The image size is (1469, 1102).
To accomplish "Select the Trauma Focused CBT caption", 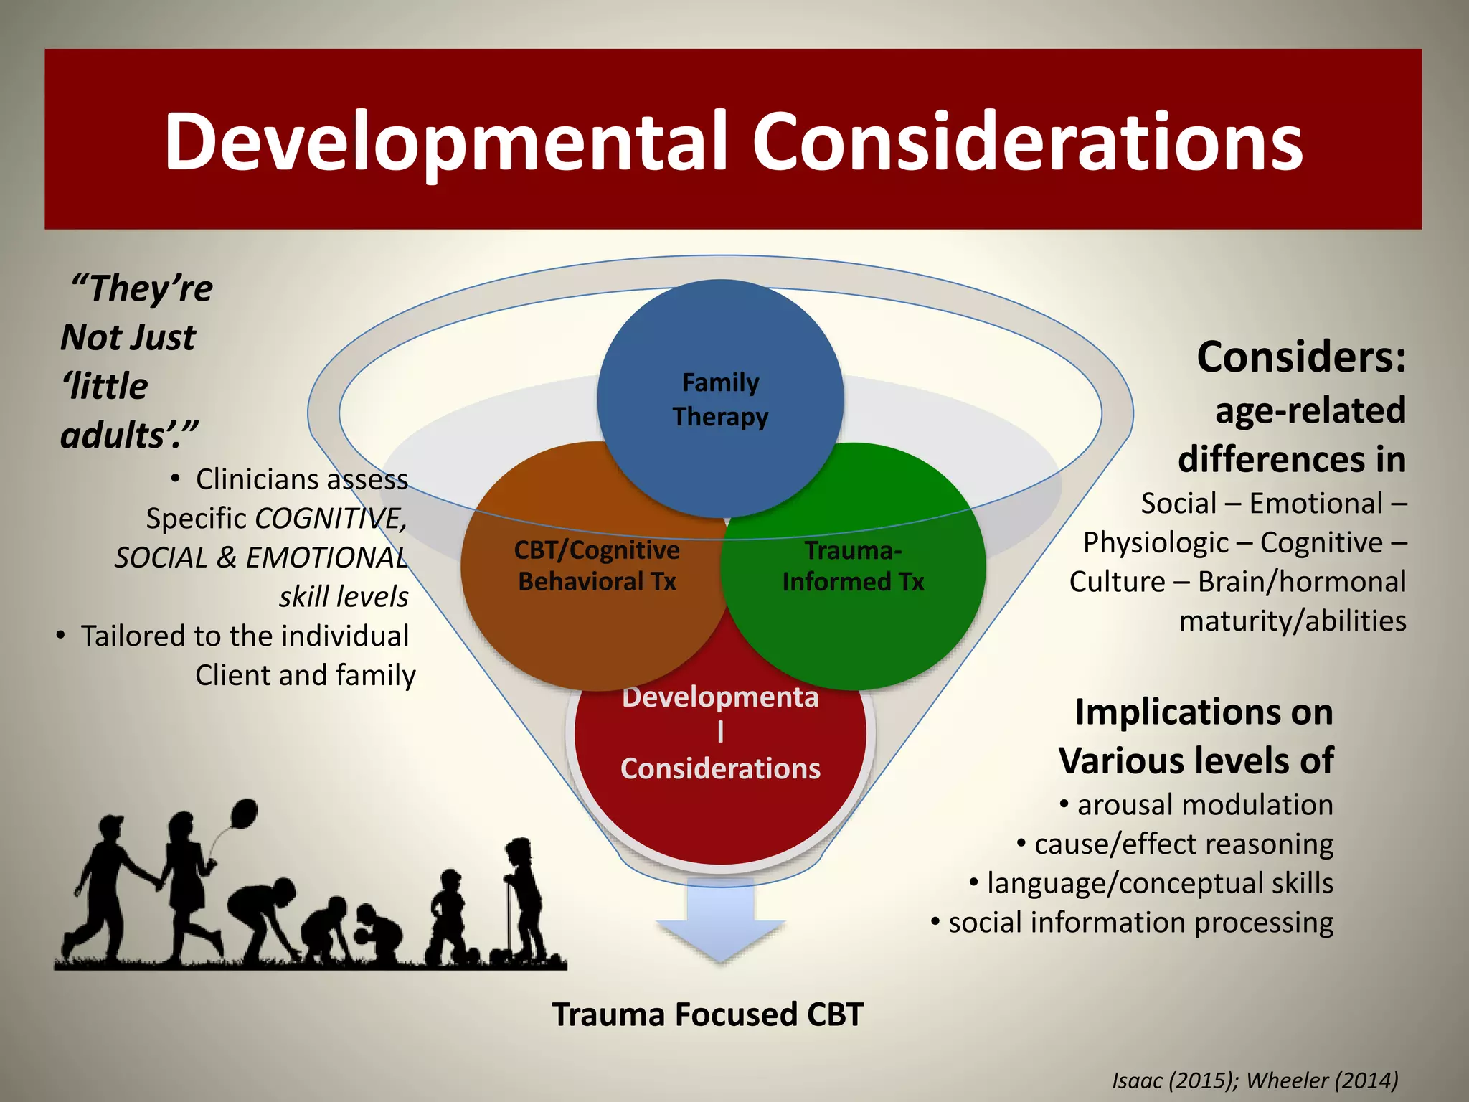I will point(707,1014).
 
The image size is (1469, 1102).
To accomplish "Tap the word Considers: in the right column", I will point(1301,357).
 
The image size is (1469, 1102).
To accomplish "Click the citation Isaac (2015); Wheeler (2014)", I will point(1255,1080).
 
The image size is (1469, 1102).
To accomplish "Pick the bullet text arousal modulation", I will point(1204,805).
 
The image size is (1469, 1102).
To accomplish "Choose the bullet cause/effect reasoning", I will point(1184,844).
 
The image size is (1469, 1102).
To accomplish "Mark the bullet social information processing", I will point(1140,923).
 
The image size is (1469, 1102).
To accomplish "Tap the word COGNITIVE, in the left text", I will point(331,518).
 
